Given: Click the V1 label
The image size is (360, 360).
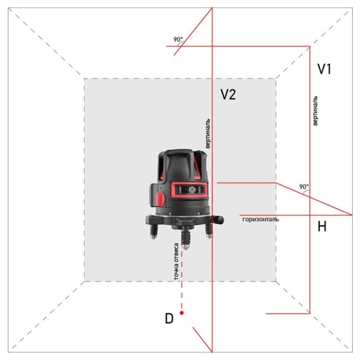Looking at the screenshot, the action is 325,69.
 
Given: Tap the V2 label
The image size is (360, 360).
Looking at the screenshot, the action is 228,94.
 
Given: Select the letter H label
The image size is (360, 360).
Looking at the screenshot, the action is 322,226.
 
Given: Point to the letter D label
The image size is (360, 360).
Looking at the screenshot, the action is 169,318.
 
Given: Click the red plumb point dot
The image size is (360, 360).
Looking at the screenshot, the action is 181,312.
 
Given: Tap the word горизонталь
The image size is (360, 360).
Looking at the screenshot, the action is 261,220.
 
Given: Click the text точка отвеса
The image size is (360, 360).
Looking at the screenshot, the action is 176,261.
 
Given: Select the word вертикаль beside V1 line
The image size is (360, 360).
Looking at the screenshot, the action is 315,111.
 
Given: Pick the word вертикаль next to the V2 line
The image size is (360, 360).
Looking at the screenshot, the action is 208,133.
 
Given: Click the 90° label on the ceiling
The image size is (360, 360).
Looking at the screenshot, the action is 178,39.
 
